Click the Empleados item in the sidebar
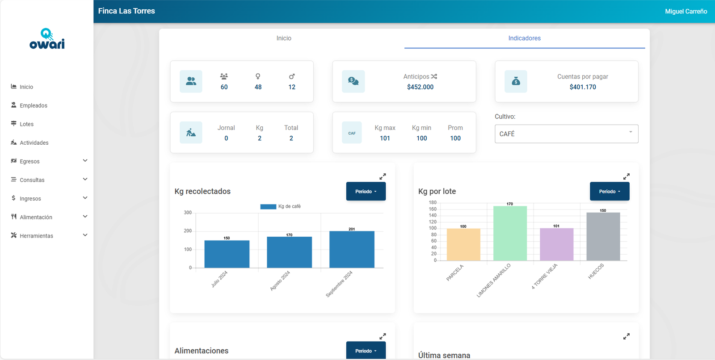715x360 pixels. point(33,105)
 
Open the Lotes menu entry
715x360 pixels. point(26,124)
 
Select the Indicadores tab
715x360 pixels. point(524,38)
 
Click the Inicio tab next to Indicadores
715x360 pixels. point(284,38)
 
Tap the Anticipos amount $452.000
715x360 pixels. point(420,87)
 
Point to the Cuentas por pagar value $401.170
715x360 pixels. point(583,87)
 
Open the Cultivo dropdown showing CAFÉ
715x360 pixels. point(566,134)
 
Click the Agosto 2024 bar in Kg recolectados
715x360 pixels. point(289,252)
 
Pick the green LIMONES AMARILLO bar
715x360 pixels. point(510,233)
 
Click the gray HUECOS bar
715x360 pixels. point(603,236)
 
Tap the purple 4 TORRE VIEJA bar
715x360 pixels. point(556,244)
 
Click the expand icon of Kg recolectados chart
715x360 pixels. point(383,176)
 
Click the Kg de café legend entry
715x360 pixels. point(281,206)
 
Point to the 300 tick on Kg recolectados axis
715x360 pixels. point(188,213)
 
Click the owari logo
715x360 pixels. point(47,39)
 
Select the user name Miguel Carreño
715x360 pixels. point(686,12)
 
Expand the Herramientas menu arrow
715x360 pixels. point(85,235)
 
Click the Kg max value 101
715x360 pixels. point(385,138)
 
